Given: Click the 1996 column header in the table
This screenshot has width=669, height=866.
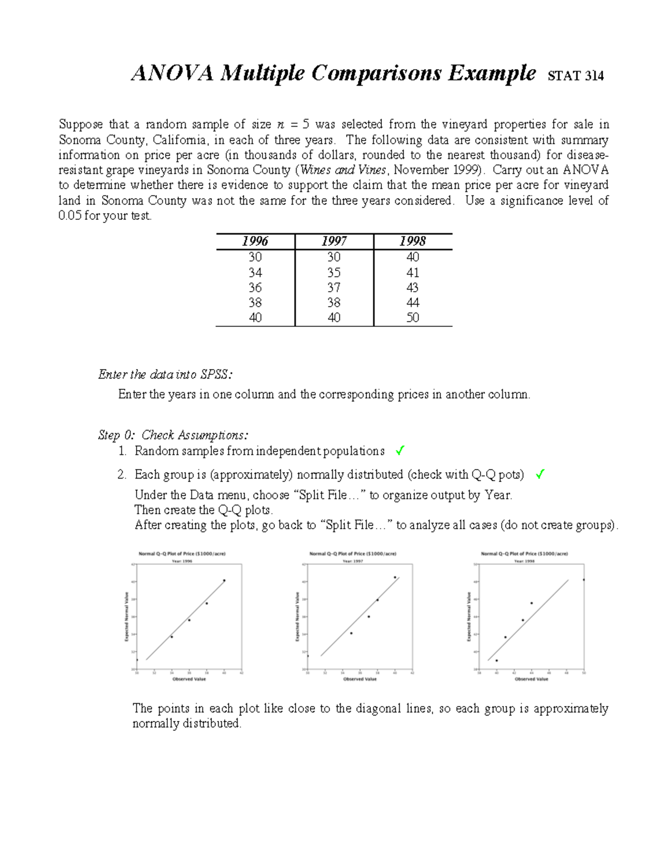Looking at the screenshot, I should tap(255, 241).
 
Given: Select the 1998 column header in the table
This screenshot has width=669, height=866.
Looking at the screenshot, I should tap(413, 241).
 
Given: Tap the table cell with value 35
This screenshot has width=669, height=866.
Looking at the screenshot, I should tap(333, 273).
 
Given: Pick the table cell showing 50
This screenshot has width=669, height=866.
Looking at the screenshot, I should tap(413, 318).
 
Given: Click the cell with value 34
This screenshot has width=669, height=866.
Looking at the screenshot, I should tap(255, 273).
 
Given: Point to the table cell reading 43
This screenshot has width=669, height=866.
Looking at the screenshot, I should tap(413, 288).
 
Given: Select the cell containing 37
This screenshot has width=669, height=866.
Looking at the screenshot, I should tap(333, 288).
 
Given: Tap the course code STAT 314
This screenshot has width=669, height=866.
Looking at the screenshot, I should tap(576, 76).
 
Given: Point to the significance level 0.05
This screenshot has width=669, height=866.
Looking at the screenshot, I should tap(70, 216).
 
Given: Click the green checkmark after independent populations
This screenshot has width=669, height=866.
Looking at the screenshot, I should tap(399, 451).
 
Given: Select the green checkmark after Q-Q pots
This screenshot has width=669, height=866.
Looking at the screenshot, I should tap(539, 475).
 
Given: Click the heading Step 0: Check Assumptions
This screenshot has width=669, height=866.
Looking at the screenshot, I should tap(173, 435).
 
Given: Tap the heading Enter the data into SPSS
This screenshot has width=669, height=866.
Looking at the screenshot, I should tap(165, 374).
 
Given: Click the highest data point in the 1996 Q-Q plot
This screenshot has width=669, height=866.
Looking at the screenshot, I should tap(224, 580).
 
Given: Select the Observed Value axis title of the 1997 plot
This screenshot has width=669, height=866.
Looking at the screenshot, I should tap(360, 679).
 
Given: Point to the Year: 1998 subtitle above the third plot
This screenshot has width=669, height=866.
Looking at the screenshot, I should tap(524, 562).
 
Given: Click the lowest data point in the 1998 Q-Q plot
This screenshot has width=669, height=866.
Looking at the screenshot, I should tap(497, 660).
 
